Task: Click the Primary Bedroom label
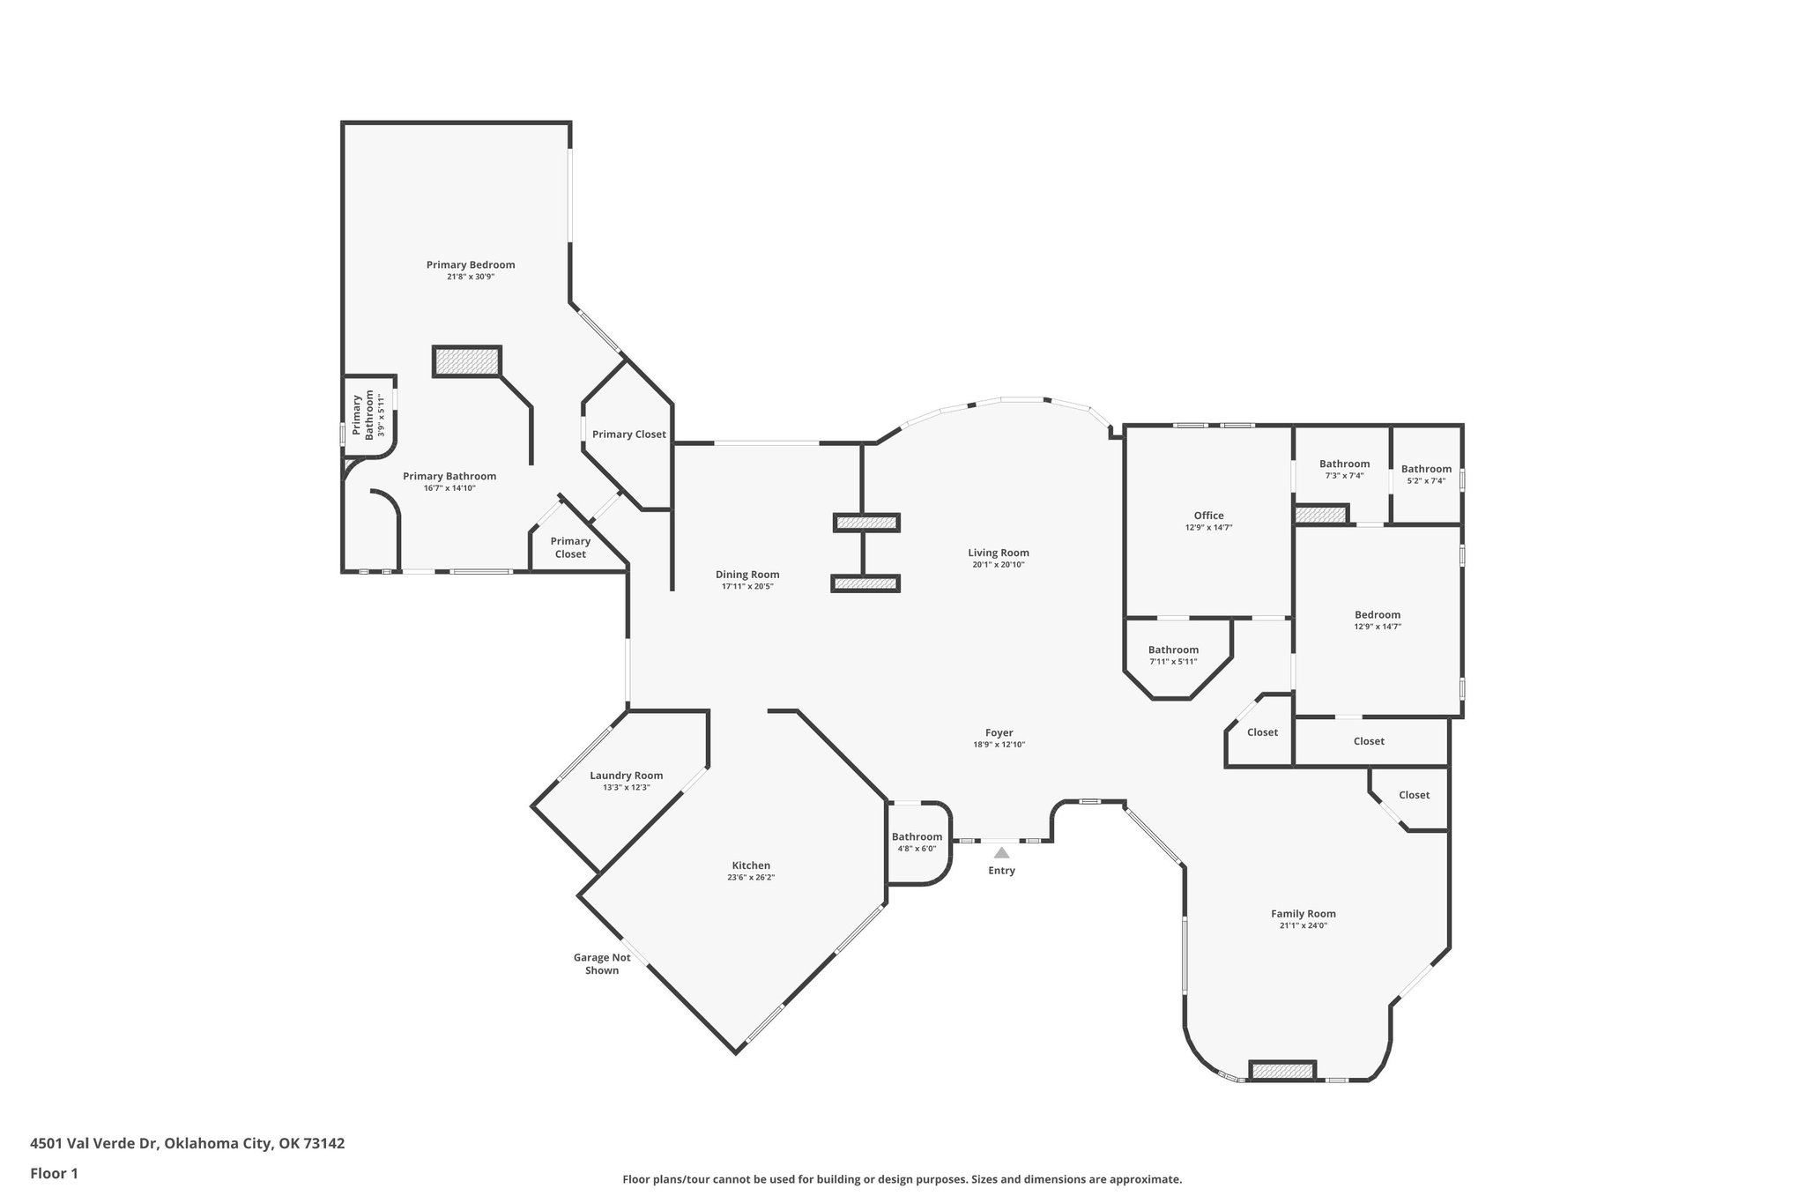(471, 264)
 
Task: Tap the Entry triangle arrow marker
(1001, 852)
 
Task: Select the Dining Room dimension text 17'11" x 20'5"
(747, 586)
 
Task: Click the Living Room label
(998, 553)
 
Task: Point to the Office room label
(1208, 516)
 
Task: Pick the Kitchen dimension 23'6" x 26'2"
(751, 877)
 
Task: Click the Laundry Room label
(626, 776)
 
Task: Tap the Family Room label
(1304, 914)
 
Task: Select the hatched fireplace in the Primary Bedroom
(467, 361)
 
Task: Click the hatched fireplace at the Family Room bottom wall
(1282, 1071)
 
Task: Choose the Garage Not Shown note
(602, 963)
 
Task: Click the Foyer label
(999, 732)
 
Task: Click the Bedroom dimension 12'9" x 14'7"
(1378, 627)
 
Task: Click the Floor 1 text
(55, 1173)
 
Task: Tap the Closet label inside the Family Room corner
(1414, 795)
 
